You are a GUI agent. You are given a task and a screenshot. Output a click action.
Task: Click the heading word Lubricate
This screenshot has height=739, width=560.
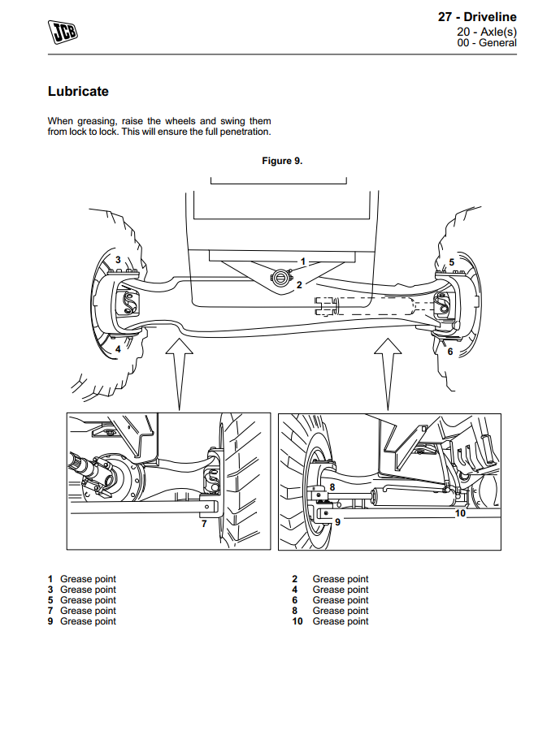(x=78, y=92)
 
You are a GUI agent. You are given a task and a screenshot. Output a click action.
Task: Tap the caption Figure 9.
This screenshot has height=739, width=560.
(x=282, y=161)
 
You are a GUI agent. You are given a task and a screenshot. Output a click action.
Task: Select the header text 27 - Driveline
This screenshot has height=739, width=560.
(x=476, y=17)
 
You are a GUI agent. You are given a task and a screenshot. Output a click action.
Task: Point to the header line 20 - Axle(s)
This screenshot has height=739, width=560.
(x=487, y=32)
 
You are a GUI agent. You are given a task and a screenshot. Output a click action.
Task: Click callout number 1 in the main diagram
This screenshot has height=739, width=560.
(x=302, y=261)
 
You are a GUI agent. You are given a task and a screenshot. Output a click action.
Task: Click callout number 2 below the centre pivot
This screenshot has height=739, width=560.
(x=299, y=285)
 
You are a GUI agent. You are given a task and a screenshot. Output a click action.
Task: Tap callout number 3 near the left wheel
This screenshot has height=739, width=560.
(x=118, y=260)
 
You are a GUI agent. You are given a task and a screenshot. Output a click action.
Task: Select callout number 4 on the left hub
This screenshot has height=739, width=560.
(x=118, y=349)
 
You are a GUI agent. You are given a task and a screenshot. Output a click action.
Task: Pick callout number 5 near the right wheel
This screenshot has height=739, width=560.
(x=452, y=261)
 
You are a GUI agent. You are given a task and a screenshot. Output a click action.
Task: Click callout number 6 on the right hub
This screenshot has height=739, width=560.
(x=450, y=352)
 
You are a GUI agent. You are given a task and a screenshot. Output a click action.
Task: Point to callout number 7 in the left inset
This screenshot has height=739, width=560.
(x=204, y=524)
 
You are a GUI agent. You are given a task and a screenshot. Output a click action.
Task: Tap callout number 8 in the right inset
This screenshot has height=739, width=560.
(x=332, y=487)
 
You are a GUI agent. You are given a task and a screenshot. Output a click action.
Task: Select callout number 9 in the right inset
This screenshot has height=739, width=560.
(x=338, y=522)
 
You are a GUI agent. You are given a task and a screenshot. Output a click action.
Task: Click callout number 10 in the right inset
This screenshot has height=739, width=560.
(x=460, y=512)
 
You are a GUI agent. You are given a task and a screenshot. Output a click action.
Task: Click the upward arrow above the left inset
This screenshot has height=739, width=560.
(x=179, y=369)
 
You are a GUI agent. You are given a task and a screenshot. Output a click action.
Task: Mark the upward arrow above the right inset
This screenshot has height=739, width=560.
(x=387, y=369)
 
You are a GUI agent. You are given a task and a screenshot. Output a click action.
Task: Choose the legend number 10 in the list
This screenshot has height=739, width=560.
(x=297, y=621)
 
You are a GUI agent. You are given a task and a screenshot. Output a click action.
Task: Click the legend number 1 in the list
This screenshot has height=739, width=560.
(x=50, y=579)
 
